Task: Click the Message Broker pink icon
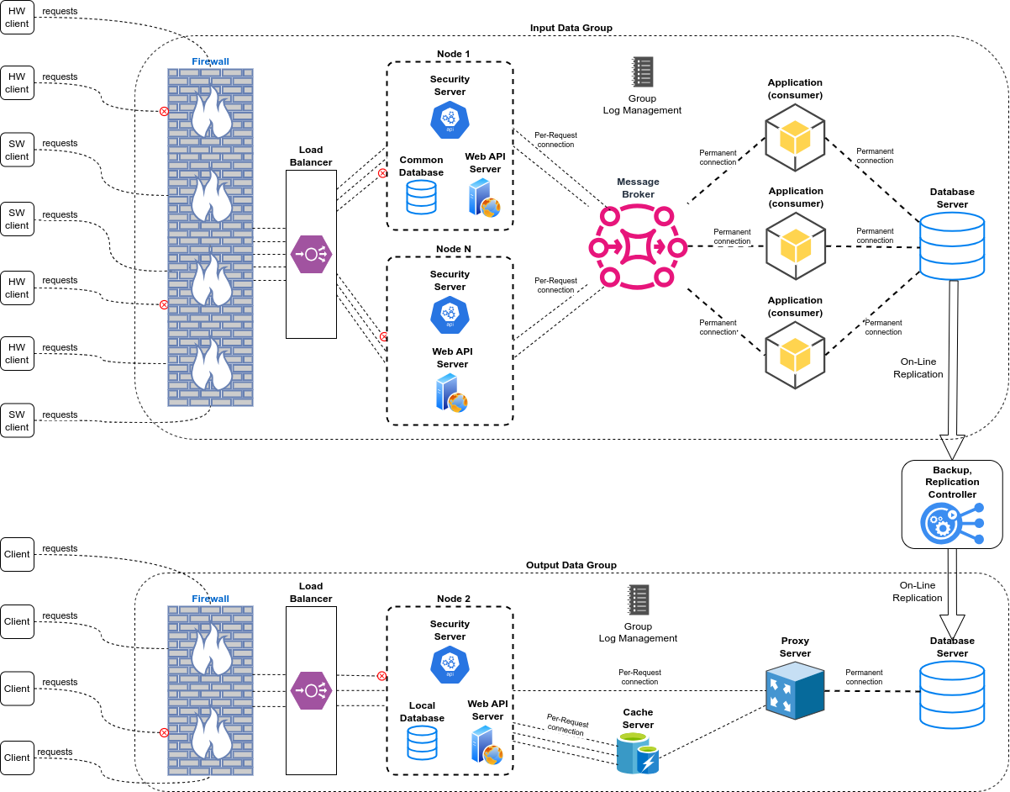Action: [x=630, y=247]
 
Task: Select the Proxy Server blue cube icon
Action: [x=794, y=689]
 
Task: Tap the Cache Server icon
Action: [x=637, y=753]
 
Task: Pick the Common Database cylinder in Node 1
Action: [x=421, y=197]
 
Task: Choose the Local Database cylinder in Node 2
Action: [x=422, y=743]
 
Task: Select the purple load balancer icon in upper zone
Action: [x=311, y=254]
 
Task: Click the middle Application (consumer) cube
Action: [x=795, y=246]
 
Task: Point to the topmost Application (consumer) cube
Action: [x=795, y=137]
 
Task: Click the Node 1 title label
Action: [x=453, y=54]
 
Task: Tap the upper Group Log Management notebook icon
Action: [x=643, y=72]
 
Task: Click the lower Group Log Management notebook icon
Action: [x=639, y=600]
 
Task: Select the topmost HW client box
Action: [x=17, y=17]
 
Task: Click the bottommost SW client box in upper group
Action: [x=17, y=420]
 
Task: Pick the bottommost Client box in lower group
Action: [x=17, y=758]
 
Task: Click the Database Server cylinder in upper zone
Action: [x=952, y=246]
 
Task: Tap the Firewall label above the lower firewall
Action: [x=210, y=599]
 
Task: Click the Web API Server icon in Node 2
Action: [x=486, y=744]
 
